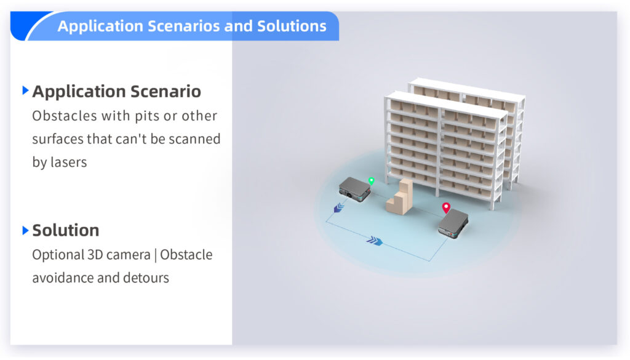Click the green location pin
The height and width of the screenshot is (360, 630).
[371, 181]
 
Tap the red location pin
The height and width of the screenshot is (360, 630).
[446, 208]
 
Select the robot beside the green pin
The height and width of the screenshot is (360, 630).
[354, 190]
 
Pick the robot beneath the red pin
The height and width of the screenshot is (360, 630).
[453, 224]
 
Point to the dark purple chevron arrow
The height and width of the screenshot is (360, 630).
[339, 208]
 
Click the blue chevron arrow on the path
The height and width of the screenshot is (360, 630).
[375, 241]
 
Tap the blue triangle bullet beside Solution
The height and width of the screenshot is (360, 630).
[25, 230]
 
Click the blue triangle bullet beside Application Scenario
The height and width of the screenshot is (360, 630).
[25, 90]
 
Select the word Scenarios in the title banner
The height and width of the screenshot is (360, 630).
[183, 26]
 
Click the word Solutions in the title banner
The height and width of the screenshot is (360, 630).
[292, 26]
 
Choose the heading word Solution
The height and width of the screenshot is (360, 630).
[65, 230]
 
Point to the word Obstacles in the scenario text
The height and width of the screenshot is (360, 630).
[65, 116]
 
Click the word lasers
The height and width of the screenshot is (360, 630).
[68, 162]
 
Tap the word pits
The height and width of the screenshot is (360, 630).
[147, 116]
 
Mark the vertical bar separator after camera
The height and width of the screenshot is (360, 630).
[155, 255]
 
